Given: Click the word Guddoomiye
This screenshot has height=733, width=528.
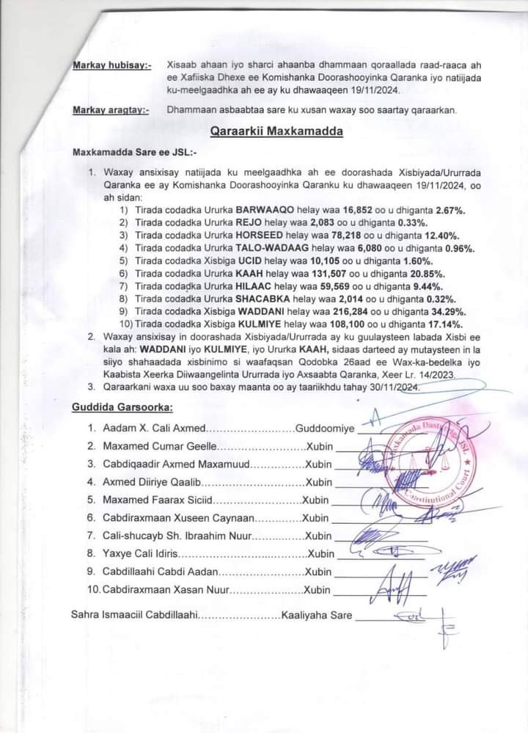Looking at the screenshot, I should pyautogui.click(x=324, y=427).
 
